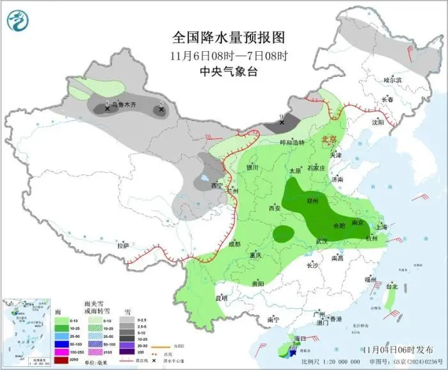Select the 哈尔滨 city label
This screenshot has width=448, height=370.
click(392, 80)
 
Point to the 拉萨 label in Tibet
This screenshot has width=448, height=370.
click(122, 245)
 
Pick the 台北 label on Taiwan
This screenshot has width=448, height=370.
click(392, 286)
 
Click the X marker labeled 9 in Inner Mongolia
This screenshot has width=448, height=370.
click(282, 122)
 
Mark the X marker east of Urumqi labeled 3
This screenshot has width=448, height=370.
click(161, 109)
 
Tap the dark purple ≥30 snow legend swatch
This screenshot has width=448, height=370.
click(128, 351)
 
